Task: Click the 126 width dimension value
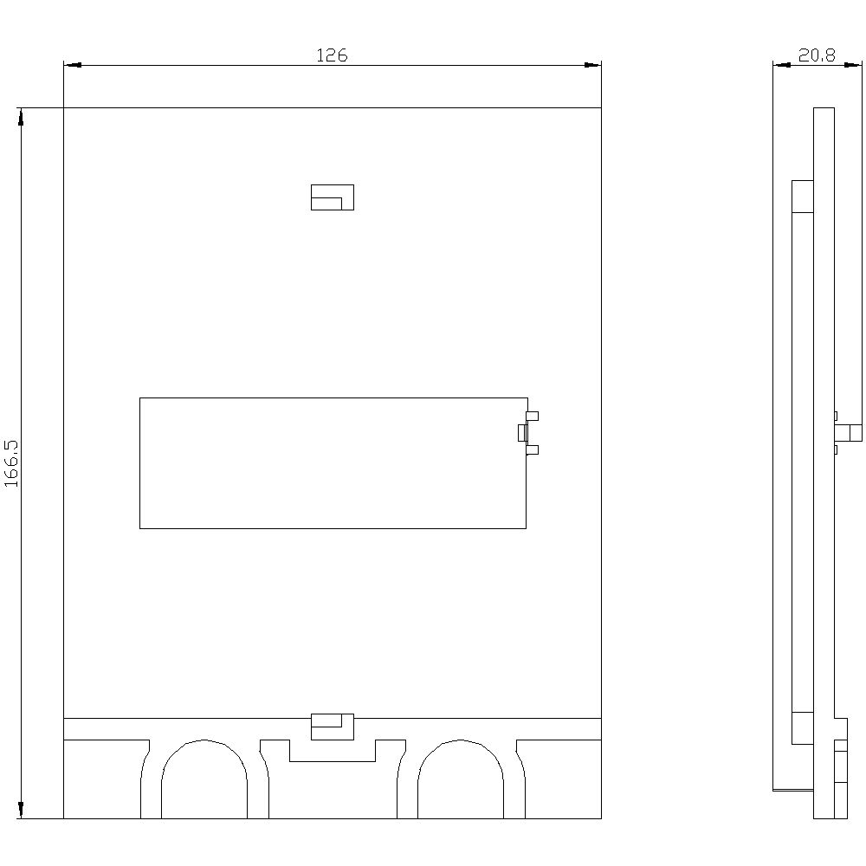tap(332, 55)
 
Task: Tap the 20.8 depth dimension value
tap(817, 55)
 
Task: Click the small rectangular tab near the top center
tap(333, 197)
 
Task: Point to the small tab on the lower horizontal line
tap(333, 727)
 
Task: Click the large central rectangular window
tap(139, 462)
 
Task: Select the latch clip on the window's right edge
tap(528, 433)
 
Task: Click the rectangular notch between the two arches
tap(333, 761)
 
